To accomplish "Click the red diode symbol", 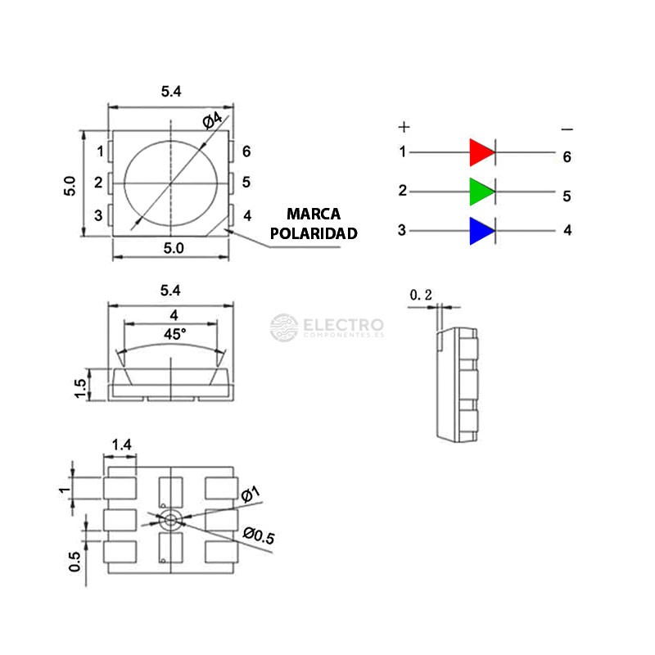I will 481,152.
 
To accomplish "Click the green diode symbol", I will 481,192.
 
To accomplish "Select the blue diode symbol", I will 481,231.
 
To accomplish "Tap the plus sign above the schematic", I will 404,127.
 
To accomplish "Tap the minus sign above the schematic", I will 567,129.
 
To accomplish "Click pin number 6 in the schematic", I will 567,156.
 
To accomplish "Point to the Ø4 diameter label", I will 212,120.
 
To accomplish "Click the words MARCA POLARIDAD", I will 314,224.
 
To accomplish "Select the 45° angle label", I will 174,334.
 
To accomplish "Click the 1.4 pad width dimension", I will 122,445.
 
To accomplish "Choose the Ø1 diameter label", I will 251,493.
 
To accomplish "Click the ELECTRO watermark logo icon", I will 284,327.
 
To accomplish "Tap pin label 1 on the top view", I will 99,151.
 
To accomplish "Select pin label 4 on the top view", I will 246,216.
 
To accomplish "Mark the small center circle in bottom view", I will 170,519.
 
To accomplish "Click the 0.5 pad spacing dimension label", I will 75,561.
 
